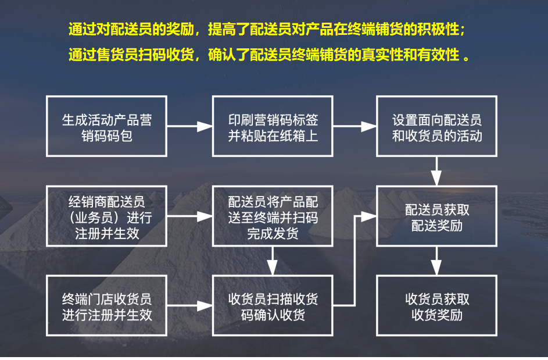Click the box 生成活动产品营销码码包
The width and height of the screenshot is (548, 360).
click(x=107, y=127)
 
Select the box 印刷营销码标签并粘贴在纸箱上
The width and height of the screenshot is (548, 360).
click(x=273, y=127)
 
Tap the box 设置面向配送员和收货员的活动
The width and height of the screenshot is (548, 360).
click(x=437, y=127)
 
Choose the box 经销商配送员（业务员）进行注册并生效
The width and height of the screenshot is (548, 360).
click(x=107, y=216)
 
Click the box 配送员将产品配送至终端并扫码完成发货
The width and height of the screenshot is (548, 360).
click(x=273, y=216)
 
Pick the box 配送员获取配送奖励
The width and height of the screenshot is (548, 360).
click(x=437, y=216)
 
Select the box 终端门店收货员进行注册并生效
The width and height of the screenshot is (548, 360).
click(x=107, y=306)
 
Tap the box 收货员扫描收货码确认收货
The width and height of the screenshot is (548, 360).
click(x=273, y=306)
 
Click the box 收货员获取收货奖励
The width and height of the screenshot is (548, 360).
click(x=437, y=306)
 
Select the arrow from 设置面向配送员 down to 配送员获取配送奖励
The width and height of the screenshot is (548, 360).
click(x=437, y=171)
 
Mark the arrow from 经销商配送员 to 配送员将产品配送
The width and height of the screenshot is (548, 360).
click(x=189, y=216)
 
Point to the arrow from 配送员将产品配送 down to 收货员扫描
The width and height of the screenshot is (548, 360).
click(x=273, y=261)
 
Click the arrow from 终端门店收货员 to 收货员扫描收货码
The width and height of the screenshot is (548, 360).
click(x=189, y=306)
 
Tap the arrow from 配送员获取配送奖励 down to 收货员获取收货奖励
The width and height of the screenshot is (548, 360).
click(x=437, y=261)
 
